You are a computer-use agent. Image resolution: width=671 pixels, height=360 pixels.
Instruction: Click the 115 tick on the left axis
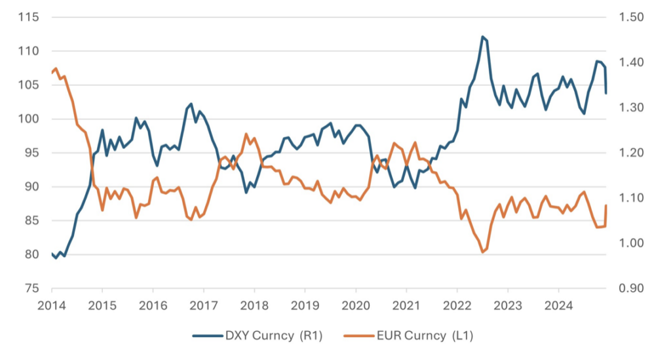click(29, 17)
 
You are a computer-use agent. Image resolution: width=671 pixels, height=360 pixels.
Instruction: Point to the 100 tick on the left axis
click(29, 119)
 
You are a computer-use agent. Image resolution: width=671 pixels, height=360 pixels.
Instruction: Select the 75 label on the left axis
click(31, 288)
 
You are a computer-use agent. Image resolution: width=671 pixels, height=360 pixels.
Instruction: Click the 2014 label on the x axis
click(51, 305)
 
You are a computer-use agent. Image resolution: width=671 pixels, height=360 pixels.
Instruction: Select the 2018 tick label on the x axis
click(254, 305)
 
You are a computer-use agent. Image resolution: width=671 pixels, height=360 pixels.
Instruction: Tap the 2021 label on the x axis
click(406, 305)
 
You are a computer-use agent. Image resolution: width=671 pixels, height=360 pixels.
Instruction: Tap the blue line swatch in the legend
click(208, 336)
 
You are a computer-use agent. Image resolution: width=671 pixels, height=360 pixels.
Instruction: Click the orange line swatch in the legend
click(360, 336)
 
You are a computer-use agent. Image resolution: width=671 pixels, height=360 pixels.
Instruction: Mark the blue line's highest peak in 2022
click(482, 37)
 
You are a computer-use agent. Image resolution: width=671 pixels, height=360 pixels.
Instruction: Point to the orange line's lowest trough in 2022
click(482, 252)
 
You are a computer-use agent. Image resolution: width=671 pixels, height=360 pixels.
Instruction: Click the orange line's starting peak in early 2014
click(56, 68)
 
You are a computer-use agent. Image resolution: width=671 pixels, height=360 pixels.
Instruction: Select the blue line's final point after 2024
click(606, 93)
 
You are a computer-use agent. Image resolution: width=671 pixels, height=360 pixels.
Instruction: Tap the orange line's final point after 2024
click(606, 205)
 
